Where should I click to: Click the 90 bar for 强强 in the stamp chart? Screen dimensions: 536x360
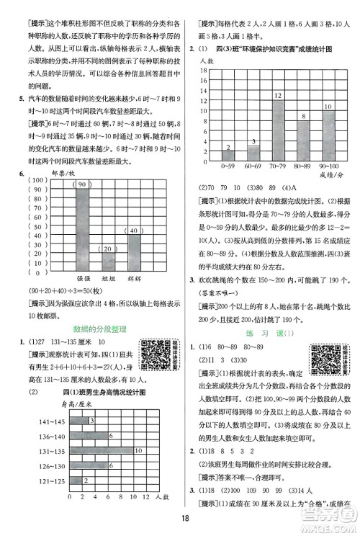(84, 223)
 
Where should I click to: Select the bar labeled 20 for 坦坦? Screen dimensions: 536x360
(109, 258)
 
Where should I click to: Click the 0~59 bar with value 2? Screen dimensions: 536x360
(227, 155)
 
